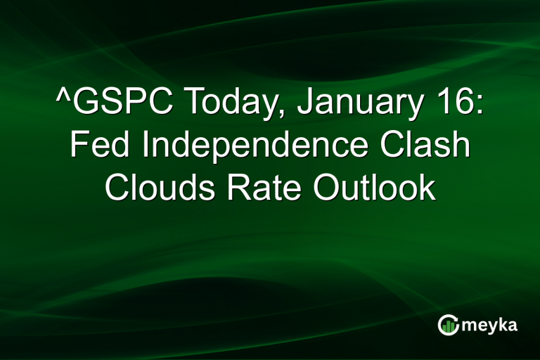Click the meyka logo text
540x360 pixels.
[491, 326]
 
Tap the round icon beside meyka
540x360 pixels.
[448, 325]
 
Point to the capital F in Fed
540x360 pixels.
[78, 147]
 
